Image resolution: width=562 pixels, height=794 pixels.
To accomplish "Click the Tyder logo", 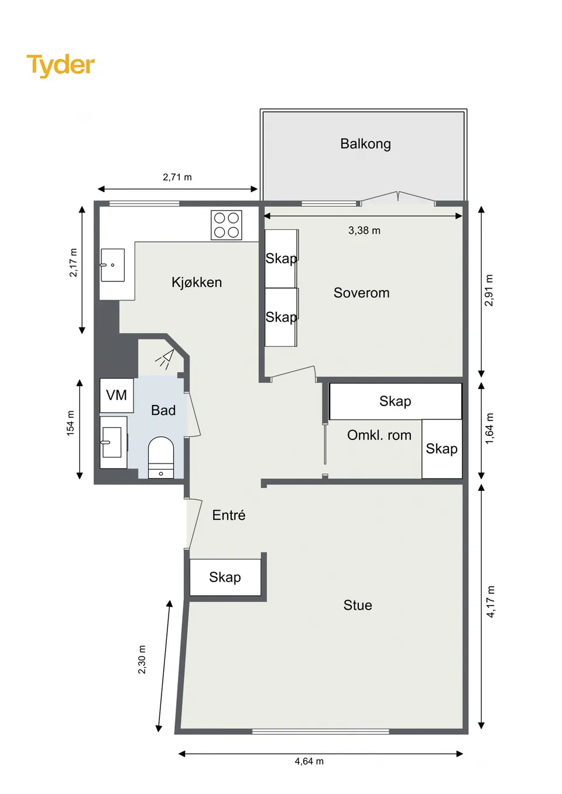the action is coord(61,66).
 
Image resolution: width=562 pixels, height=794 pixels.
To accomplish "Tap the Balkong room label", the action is coord(365,144).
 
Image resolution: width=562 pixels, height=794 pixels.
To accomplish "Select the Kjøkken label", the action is coord(197,282).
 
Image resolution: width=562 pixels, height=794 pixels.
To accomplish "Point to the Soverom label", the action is coord(361,293).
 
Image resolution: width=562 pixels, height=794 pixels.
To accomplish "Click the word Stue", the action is coord(358,605).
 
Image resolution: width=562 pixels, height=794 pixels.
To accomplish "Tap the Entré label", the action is coord(229,515).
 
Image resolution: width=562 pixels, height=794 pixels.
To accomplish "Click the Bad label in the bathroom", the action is coord(163,410).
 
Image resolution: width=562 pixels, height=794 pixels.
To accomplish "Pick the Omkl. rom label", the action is coord(379,435).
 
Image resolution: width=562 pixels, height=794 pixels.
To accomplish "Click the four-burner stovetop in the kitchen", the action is coord(226,225).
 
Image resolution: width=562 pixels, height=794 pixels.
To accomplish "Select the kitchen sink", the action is coord(113,265).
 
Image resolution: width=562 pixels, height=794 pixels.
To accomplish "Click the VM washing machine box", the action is coord(116,395).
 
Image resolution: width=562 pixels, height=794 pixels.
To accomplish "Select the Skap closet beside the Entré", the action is coord(225,577).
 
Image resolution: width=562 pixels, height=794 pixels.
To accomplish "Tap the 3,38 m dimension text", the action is coord(365,231).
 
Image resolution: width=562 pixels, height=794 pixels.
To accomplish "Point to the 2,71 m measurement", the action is coord(177,177).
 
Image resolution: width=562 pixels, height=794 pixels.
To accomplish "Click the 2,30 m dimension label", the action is coord(142,659).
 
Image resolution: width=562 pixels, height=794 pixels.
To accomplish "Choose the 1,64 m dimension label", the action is coord(489,428).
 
